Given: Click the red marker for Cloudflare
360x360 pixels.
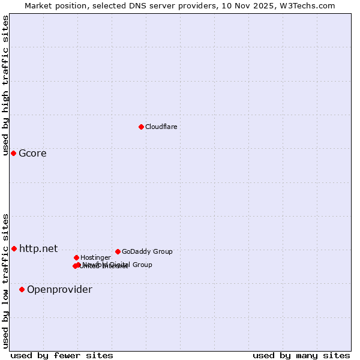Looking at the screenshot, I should click(141, 127).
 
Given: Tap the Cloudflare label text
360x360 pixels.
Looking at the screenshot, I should click(161, 127).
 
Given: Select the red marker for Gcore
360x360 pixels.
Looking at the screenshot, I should click(13, 153).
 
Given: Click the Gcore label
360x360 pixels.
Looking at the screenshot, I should click(32, 153).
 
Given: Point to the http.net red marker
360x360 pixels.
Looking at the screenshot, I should click(14, 248).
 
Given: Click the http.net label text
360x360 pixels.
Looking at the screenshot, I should click(38, 248).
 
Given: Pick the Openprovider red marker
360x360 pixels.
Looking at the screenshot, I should click(22, 289).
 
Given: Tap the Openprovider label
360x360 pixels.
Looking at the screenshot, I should click(59, 290).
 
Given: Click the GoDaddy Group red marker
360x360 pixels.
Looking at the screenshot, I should click(118, 251).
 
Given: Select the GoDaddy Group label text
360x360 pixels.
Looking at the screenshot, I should click(147, 252).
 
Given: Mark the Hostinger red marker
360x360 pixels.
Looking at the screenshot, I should click(76, 257).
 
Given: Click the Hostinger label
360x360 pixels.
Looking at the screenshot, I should click(95, 258).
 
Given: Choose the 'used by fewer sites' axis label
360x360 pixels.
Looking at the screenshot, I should click(62, 355).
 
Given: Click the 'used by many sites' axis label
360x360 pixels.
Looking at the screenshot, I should click(301, 355).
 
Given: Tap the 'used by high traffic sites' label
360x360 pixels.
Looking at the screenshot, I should click(5, 85).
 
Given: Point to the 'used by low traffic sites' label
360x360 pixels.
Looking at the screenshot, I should click(5, 281).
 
